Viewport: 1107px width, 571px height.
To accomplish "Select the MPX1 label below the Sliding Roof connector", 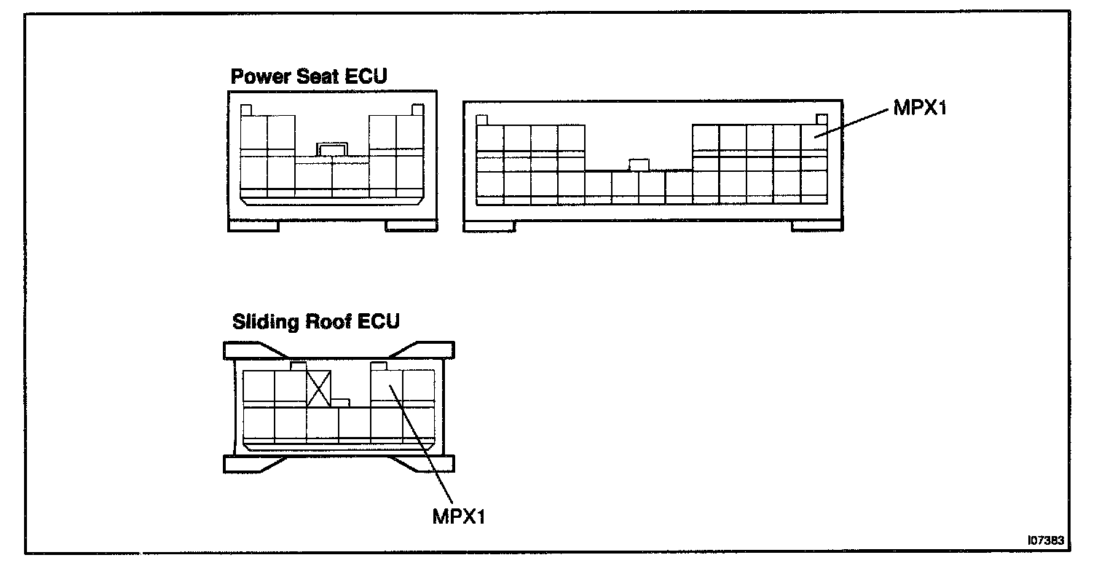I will [x=458, y=516].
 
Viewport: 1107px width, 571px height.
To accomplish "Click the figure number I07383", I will [x=1046, y=540].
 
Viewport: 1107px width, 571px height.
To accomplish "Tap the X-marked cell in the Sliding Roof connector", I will [x=318, y=387].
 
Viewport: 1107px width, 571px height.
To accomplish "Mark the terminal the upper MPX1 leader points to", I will [x=814, y=136].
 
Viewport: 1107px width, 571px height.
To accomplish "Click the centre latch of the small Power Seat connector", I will [x=332, y=149].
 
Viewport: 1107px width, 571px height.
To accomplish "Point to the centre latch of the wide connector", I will [x=639, y=165].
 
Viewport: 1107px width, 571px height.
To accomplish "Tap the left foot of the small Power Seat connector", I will [x=253, y=227].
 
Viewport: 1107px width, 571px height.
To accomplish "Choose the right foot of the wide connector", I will [x=817, y=227].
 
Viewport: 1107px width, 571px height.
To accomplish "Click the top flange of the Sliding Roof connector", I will [x=338, y=350].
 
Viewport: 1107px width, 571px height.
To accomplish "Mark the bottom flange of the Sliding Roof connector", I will [x=338, y=464].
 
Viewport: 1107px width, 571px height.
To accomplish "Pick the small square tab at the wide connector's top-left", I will [x=481, y=119].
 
